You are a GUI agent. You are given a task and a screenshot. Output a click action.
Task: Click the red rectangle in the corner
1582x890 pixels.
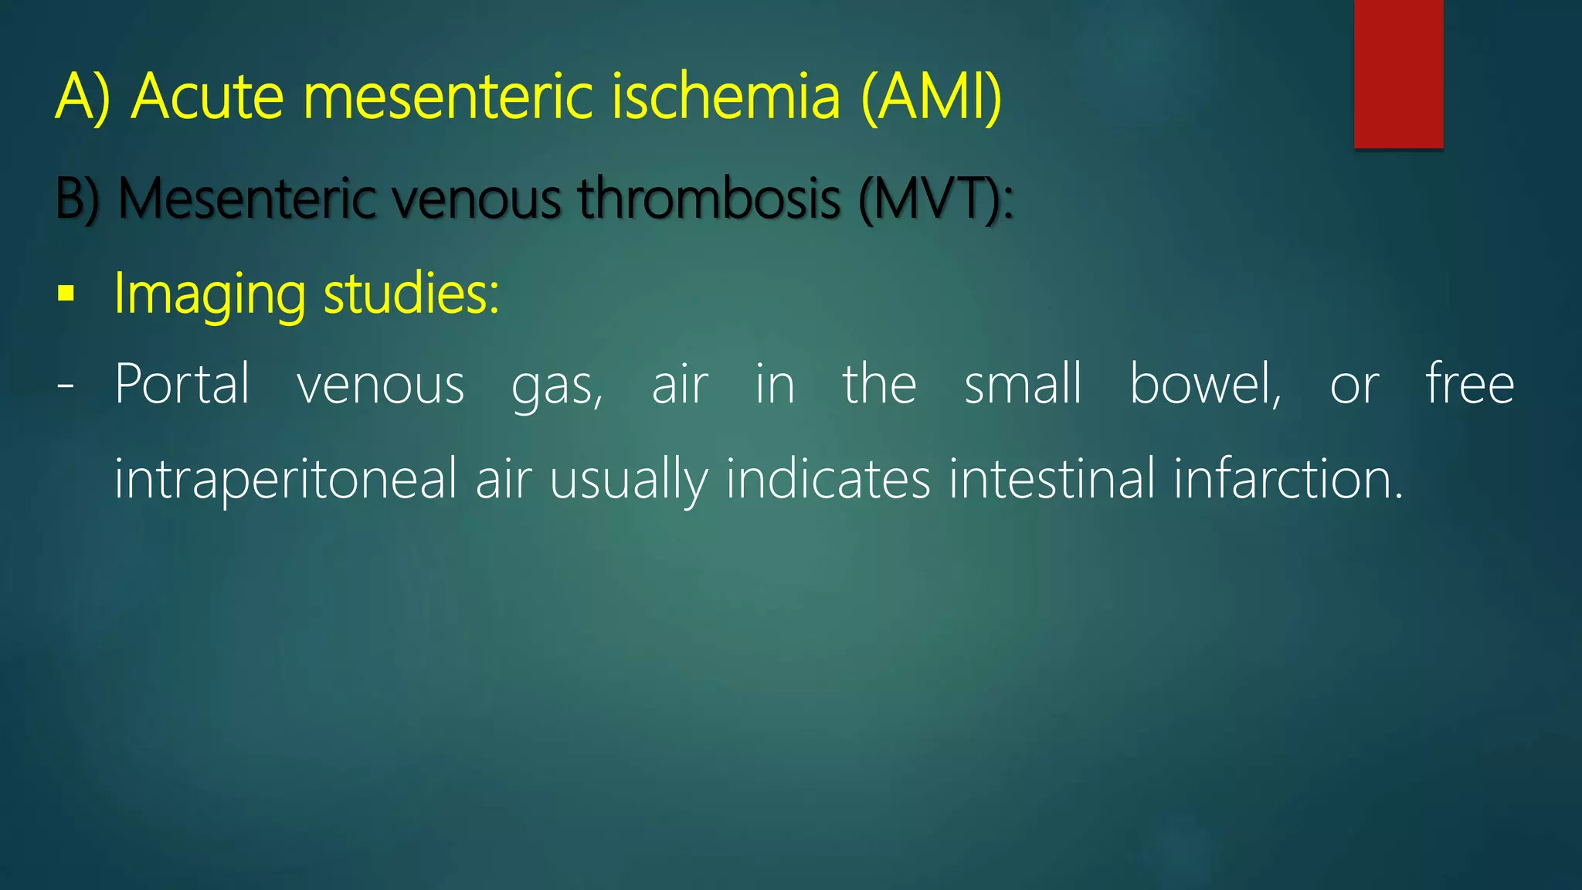click(x=1398, y=73)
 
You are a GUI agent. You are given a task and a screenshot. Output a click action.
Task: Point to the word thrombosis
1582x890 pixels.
click(x=709, y=199)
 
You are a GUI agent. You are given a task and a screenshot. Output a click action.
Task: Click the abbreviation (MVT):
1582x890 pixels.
click(x=935, y=199)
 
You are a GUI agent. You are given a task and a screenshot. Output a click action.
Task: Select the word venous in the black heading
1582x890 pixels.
click(x=476, y=199)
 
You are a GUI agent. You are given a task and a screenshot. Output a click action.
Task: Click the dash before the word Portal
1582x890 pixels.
click(x=66, y=385)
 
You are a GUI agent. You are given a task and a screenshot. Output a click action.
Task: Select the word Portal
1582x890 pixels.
click(x=182, y=384)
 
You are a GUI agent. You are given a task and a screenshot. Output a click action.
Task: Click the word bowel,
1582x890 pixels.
click(x=1205, y=384)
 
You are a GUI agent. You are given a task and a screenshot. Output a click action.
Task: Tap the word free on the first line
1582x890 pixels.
click(x=1469, y=384)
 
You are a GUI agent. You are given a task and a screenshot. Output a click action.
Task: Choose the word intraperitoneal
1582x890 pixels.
click(x=286, y=480)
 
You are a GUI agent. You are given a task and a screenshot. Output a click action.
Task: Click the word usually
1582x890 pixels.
click(x=628, y=480)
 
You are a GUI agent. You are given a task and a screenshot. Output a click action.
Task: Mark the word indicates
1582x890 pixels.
click(x=828, y=480)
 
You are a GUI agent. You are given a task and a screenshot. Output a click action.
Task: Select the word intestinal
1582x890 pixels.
click(x=1052, y=480)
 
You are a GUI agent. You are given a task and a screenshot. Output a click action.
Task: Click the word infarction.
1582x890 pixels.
click(x=1288, y=480)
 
